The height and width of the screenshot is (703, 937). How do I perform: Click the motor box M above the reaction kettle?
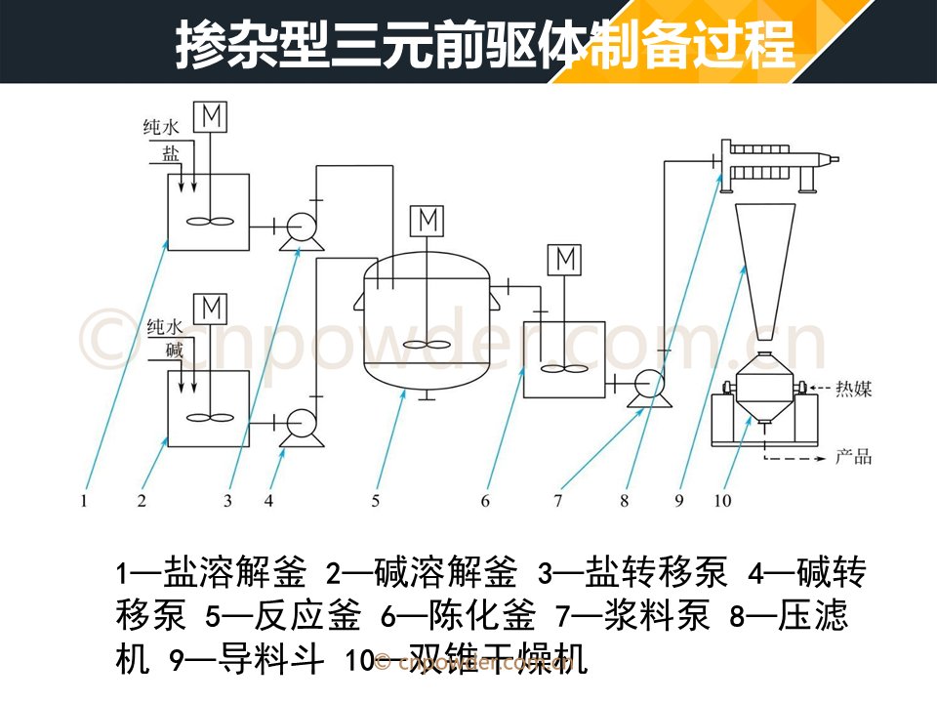click(x=428, y=221)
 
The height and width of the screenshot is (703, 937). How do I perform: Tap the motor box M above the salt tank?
click(x=211, y=116)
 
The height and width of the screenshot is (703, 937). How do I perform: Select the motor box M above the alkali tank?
click(x=211, y=310)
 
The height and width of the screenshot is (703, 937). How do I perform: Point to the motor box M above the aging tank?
click(x=565, y=260)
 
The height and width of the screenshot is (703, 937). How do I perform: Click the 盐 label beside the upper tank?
click(x=171, y=153)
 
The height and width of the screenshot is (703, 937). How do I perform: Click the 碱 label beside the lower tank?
click(x=174, y=350)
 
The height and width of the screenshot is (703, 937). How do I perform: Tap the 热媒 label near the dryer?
click(x=853, y=390)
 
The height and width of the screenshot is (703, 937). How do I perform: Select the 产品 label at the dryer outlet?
click(x=853, y=457)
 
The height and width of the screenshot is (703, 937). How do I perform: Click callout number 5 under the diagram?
click(x=375, y=500)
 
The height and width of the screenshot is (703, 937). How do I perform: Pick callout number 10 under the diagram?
click(x=722, y=500)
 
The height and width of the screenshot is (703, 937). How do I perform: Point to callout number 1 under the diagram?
click(x=84, y=500)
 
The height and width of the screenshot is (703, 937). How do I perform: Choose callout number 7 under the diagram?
click(x=557, y=500)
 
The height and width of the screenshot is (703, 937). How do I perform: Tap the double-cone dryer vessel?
click(x=765, y=387)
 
